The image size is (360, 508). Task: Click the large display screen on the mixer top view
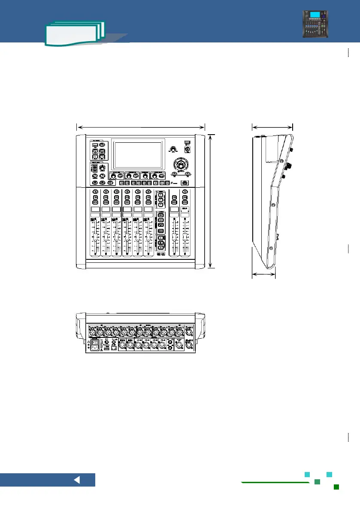[137, 154]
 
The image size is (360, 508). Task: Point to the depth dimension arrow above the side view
[272, 126]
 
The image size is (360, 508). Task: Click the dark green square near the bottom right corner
[337, 487]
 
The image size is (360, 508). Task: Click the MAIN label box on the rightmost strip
[185, 210]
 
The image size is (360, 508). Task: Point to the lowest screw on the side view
[271, 247]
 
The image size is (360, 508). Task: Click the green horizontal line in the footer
[275, 482]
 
